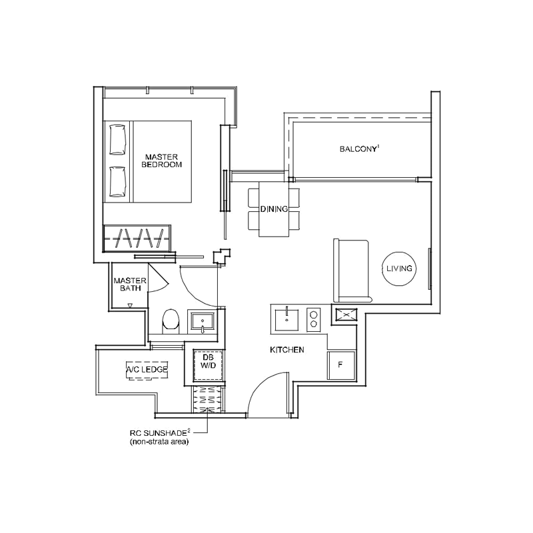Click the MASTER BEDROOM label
click(161, 161)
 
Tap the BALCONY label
click(359, 149)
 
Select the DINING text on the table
click(274, 209)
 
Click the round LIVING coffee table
click(399, 268)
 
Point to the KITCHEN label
click(287, 350)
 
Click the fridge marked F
click(341, 365)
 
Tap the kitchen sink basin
click(286, 320)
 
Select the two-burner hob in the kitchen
click(313, 320)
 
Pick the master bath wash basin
click(202, 322)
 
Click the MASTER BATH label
click(130, 284)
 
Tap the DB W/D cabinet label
click(208, 362)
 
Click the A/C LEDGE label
click(147, 370)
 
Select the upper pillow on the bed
click(118, 140)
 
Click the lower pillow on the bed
click(118, 182)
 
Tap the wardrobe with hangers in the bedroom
click(137, 238)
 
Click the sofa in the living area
click(351, 271)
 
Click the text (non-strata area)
click(159, 442)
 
